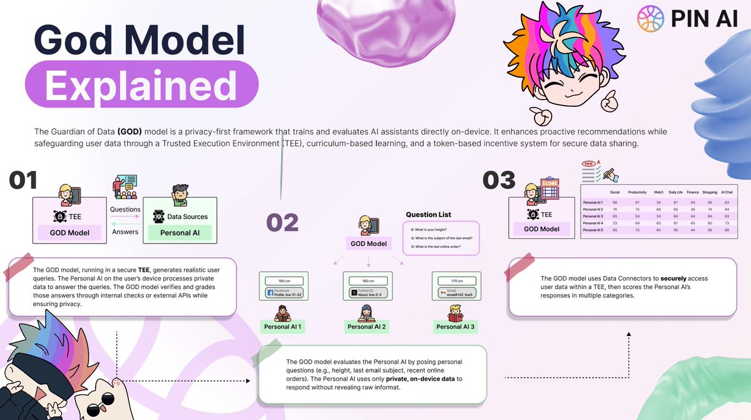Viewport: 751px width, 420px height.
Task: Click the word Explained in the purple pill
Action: point(141,85)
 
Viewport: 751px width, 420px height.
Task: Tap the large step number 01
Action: point(23,180)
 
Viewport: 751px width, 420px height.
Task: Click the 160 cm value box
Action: point(368,280)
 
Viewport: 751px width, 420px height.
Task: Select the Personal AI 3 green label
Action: point(455,327)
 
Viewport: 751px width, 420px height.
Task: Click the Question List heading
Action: point(429,215)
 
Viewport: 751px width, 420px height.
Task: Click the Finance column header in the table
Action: point(692,192)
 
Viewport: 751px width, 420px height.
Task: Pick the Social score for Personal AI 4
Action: point(615,223)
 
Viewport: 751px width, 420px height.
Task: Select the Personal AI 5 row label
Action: point(593,230)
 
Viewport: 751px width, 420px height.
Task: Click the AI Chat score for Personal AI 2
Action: point(727,209)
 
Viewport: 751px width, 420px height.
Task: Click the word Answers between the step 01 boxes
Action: point(125,232)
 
